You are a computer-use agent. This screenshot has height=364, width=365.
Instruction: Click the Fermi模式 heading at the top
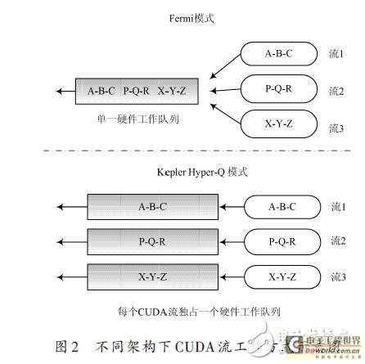[182, 18]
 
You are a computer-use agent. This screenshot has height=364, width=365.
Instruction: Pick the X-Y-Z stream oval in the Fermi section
[273, 124]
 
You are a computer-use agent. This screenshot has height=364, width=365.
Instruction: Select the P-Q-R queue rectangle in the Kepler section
[152, 242]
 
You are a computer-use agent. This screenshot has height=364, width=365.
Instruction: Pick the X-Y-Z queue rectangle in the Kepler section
[152, 277]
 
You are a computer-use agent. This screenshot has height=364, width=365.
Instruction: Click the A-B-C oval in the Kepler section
[281, 207]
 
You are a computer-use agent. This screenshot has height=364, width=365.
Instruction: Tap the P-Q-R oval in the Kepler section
[281, 242]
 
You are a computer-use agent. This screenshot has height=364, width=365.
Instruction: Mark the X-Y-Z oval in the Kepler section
[281, 277]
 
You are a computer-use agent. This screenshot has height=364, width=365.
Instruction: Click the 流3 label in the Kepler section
[336, 278]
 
